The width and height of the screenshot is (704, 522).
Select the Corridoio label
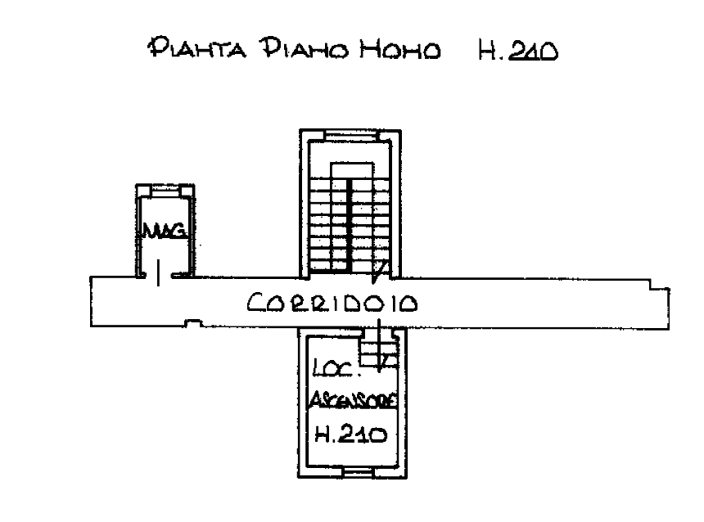[333, 304]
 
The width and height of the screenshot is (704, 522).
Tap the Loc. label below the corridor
[333, 367]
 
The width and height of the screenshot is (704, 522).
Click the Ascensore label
[353, 401]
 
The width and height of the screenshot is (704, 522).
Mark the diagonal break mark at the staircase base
[381, 268]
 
